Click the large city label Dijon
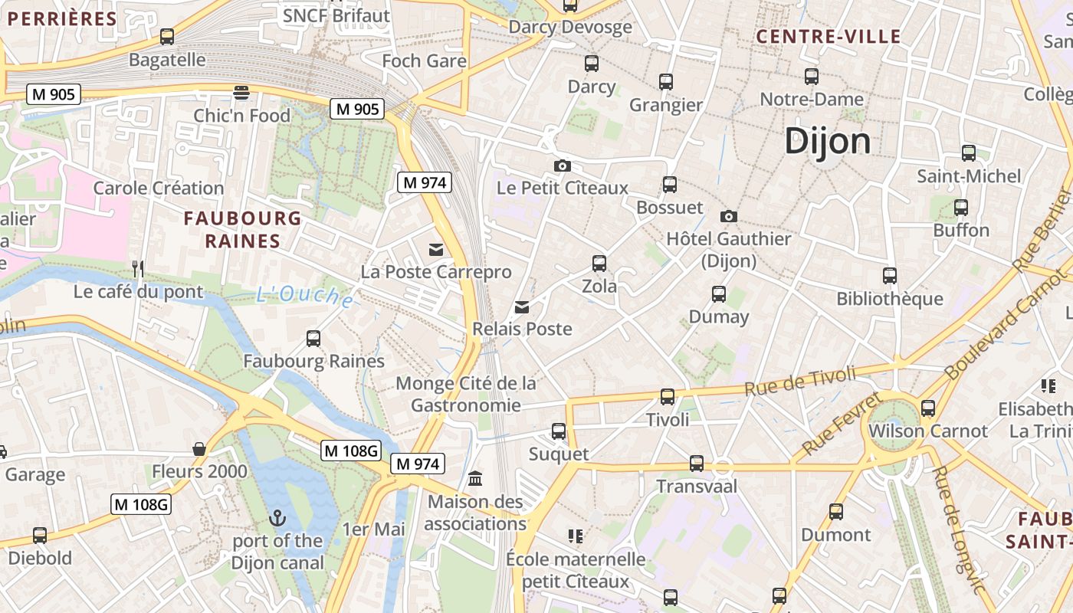coord(828,141)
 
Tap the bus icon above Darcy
coord(591,64)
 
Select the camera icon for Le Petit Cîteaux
coord(562,166)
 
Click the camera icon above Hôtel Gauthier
coord(728,216)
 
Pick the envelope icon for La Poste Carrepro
coord(436,249)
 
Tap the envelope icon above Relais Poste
coord(522,307)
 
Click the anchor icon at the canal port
coord(277,518)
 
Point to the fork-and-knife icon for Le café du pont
coord(138,268)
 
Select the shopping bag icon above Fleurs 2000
coord(199,449)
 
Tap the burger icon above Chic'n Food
coord(241,93)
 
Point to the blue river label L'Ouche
coord(304,296)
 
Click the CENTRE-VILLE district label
coord(829,37)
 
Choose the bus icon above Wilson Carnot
coord(928,408)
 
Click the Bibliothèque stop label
coord(889,299)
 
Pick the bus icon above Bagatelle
coord(166,37)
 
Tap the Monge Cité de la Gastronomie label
coord(466,394)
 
